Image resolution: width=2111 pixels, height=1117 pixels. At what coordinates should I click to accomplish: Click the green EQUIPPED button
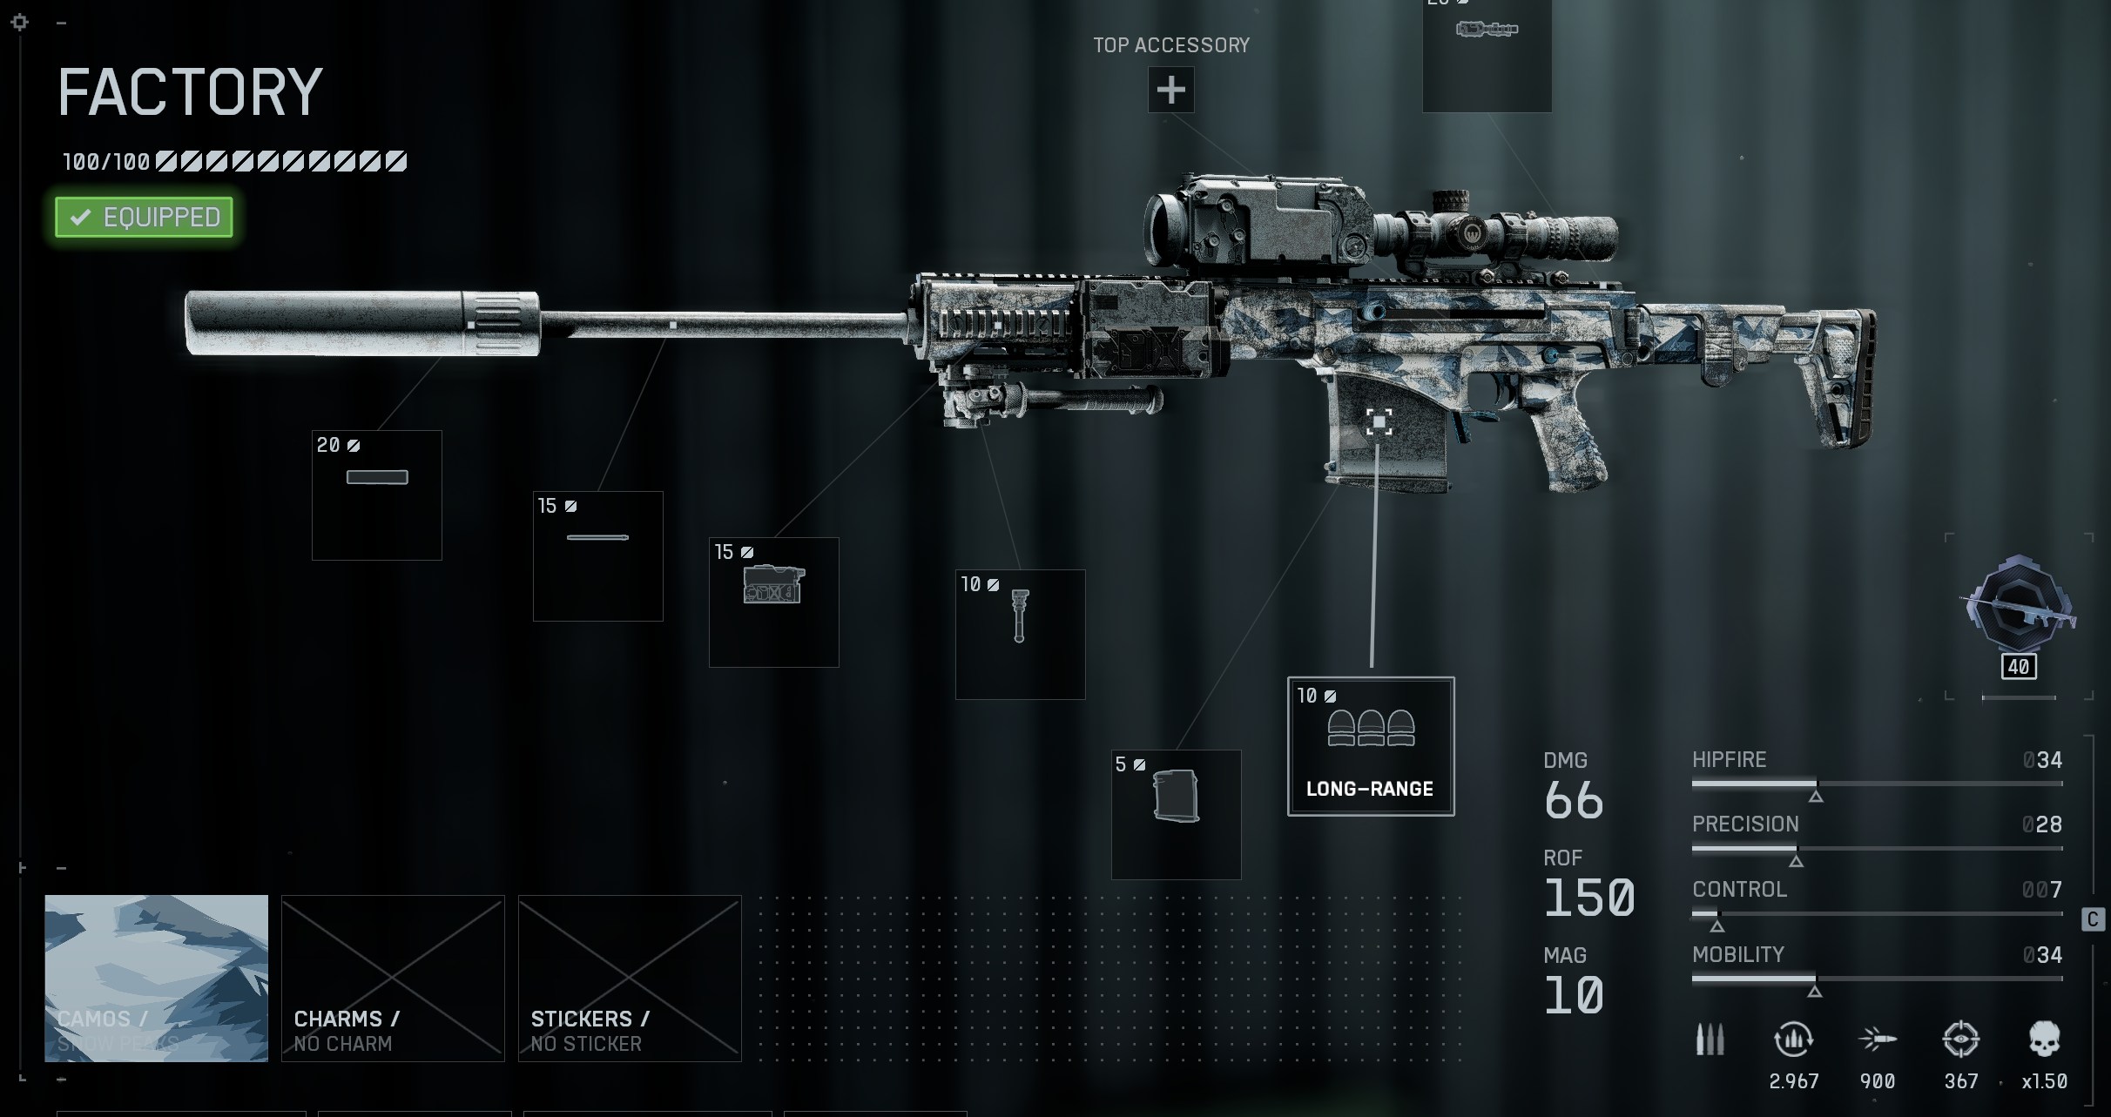coord(145,217)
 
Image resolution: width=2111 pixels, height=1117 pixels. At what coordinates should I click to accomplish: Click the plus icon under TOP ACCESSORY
coord(1170,90)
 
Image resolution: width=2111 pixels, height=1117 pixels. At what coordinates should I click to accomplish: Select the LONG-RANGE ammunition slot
coord(1370,746)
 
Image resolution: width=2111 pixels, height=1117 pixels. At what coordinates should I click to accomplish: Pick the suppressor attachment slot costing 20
coord(377,495)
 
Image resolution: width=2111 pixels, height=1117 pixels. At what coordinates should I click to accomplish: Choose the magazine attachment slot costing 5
coord(1176,814)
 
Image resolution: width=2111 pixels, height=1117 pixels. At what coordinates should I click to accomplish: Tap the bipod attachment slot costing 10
coord(1020,634)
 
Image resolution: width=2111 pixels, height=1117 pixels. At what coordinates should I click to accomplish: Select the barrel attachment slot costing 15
coord(598,555)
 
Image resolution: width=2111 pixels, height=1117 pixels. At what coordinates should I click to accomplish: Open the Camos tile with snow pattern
coord(157,978)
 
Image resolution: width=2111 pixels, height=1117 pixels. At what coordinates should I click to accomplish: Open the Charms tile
coord(393,978)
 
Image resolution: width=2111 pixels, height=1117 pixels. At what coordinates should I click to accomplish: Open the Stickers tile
coord(630,978)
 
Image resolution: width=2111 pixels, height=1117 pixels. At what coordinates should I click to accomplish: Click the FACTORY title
coord(191,93)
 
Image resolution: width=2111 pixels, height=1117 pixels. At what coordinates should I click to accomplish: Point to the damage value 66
coord(1574,800)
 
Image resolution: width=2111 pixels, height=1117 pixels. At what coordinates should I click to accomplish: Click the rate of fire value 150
coord(1589,898)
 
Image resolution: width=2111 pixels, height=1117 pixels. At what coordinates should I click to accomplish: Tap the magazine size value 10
coord(1574,995)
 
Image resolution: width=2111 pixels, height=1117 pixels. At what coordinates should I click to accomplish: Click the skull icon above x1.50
coord(2044,1040)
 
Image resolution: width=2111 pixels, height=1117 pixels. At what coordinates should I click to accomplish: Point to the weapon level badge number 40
coord(2019,667)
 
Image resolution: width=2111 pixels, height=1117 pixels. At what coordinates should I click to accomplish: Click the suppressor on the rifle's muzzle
coord(361,323)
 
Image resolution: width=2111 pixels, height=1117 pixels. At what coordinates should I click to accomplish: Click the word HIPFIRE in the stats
coord(1729,759)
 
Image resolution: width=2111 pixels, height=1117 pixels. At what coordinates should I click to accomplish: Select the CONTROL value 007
coord(2041,889)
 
